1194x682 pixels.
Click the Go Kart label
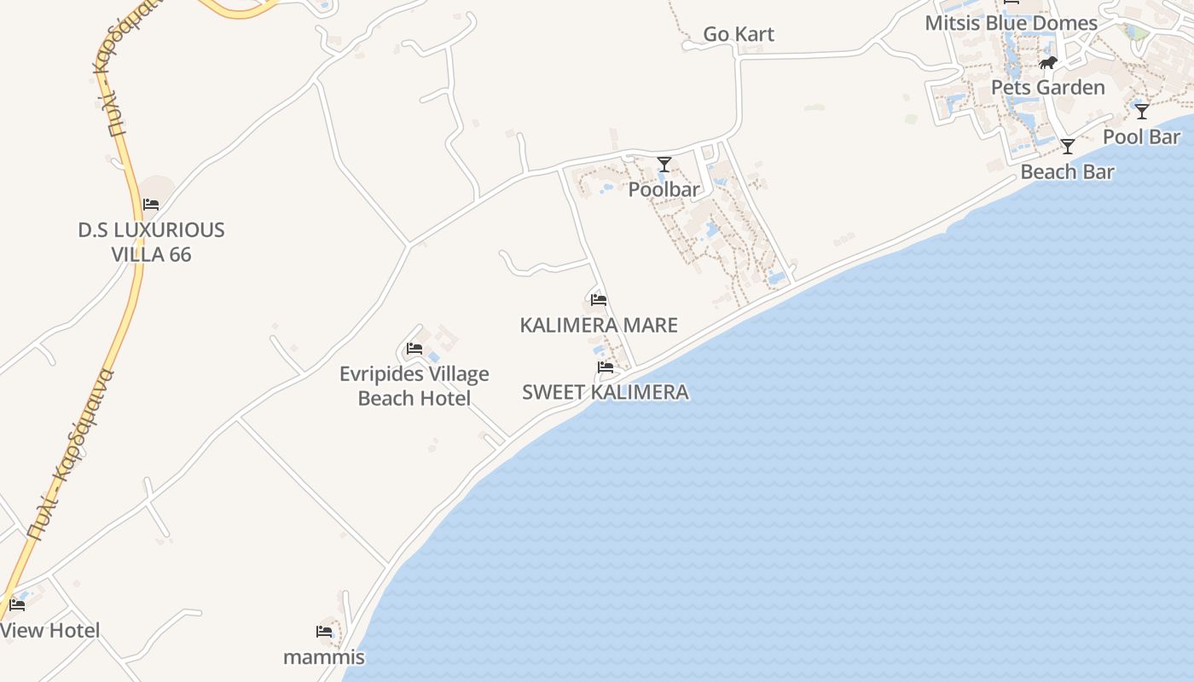(739, 34)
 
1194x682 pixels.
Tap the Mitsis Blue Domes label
(1011, 23)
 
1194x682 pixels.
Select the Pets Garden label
(1047, 87)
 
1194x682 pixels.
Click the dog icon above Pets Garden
(1048, 63)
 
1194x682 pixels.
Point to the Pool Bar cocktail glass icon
(1142, 112)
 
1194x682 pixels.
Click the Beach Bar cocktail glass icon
(1067, 147)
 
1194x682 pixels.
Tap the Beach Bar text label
(1067, 171)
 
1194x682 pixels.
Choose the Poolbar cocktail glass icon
(664, 165)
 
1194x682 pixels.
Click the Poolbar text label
(664, 189)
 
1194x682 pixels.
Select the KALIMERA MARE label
(599, 325)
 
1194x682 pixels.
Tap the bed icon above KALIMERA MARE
(599, 300)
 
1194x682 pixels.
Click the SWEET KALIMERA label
(605, 392)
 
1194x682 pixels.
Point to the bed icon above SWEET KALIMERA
(606, 367)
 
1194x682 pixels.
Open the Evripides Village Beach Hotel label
(414, 386)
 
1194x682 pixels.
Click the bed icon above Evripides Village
(414, 349)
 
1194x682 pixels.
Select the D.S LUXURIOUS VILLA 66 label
(151, 242)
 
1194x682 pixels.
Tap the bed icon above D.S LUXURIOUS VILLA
(151, 205)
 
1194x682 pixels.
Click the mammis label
(324, 657)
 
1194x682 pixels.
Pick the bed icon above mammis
(324, 632)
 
